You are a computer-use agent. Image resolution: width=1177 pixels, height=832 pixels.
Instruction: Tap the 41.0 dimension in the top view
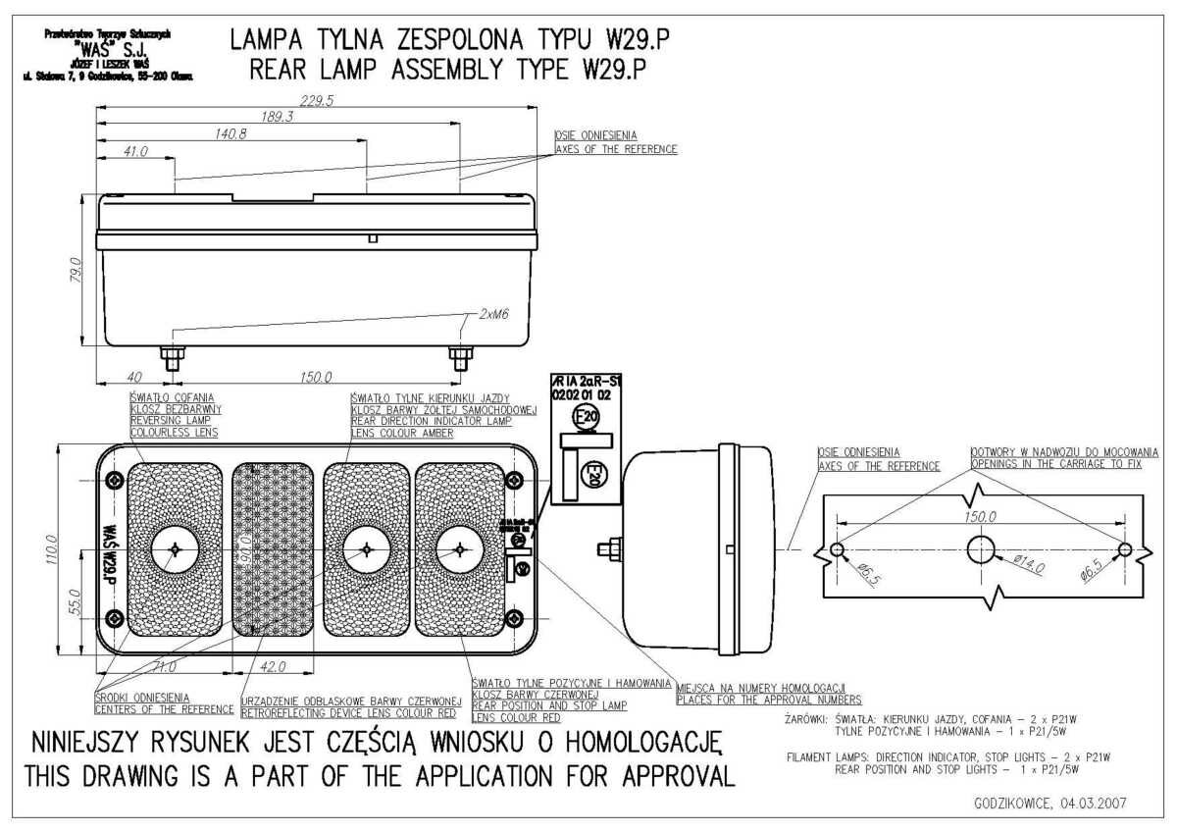pyautogui.click(x=134, y=151)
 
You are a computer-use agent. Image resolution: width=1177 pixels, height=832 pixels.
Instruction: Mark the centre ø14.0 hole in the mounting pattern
pyautogui.click(x=981, y=549)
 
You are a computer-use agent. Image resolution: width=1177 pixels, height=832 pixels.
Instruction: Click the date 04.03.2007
pyautogui.click(x=1090, y=803)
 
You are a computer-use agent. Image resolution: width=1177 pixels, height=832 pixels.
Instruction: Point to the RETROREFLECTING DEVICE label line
pyautogui.click(x=351, y=713)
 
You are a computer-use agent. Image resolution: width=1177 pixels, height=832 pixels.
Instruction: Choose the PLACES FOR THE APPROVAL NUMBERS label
pyautogui.click(x=769, y=700)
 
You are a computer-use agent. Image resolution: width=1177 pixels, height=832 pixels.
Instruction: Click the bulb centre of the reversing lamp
pyautogui.click(x=175, y=549)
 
